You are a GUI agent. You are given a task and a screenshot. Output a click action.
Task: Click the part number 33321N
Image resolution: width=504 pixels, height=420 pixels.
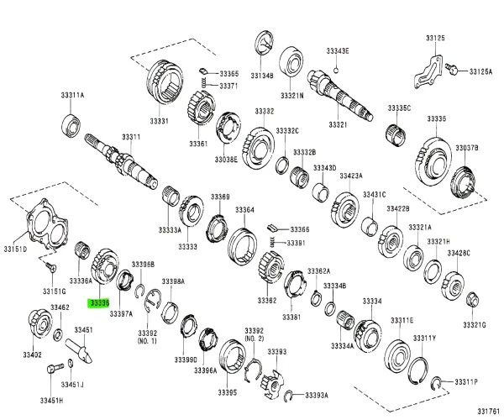[x=292, y=95]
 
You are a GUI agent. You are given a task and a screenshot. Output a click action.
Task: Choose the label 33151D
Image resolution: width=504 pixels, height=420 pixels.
[x=15, y=249]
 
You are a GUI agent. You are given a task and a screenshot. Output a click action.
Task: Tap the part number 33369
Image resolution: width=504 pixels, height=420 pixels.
[x=220, y=197]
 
